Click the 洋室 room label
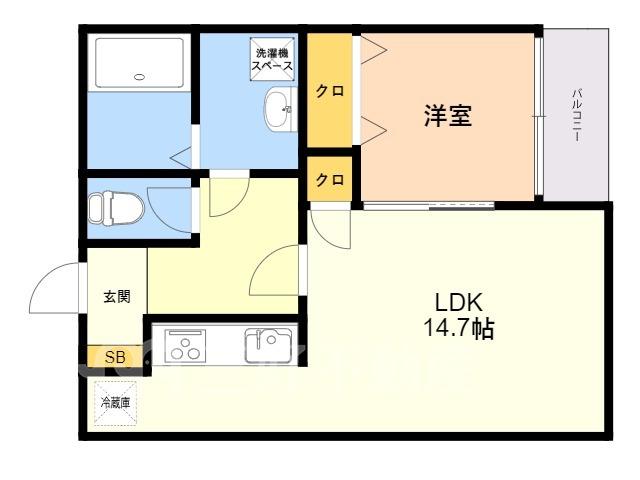tap(448, 116)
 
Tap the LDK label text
tap(459, 302)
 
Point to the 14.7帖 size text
tap(459, 328)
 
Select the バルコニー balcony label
tap(576, 115)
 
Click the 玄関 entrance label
tap(117, 296)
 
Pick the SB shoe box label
tap(115, 357)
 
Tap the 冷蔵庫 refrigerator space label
tap(116, 403)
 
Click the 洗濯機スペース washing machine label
tap(272, 59)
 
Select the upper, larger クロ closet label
tap(330, 91)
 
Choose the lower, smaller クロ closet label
tap(330, 179)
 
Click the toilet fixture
tap(116, 208)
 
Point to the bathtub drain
tap(139, 76)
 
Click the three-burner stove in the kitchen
tap(185, 346)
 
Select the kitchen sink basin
tap(268, 346)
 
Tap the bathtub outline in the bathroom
tap(139, 63)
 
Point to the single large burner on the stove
tap(187, 342)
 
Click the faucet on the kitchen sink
tap(258, 339)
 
